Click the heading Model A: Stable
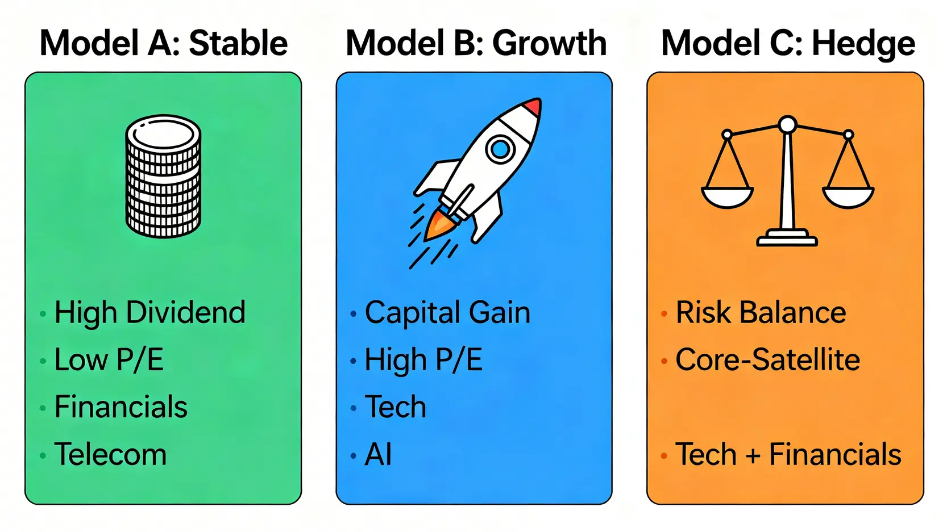point(164,43)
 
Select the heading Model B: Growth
point(476,43)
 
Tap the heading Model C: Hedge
point(788,44)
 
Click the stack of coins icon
point(163,176)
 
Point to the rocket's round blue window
point(500,149)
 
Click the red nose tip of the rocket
point(534,106)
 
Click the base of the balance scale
point(787,238)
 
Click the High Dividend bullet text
point(149,313)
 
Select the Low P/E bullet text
point(109,360)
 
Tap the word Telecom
point(110,454)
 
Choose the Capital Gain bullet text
point(447,313)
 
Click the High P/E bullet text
point(423,360)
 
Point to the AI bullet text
point(378,454)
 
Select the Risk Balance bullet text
point(761,313)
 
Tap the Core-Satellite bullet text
point(767,360)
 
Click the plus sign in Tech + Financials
point(753,455)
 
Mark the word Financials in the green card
point(121,407)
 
